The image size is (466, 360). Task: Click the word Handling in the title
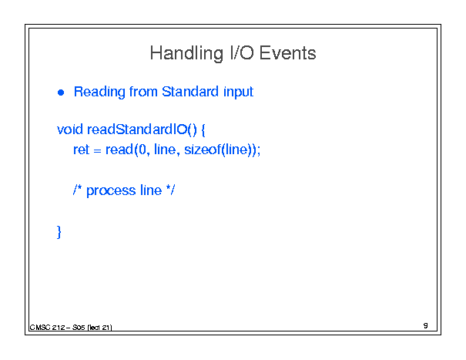point(186,54)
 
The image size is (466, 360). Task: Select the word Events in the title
point(287,53)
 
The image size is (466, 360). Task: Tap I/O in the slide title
point(242,53)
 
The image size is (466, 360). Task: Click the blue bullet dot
point(61,93)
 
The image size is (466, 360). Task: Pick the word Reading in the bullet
point(99,92)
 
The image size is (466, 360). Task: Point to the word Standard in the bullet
point(190,91)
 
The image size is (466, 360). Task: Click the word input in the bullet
point(238,92)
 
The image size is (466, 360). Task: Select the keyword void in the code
point(70,130)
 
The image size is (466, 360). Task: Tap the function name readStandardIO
point(137,130)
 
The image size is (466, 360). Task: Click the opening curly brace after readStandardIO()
point(203,130)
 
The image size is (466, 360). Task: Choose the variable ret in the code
point(81,150)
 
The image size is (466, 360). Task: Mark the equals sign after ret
point(97,151)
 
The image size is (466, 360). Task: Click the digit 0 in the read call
point(142,150)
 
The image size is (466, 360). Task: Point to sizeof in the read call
point(203,150)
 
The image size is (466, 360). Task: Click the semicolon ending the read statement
point(259,150)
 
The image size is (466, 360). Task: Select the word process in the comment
point(111,190)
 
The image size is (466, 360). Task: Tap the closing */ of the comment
point(170,190)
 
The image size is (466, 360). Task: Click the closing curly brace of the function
point(59,232)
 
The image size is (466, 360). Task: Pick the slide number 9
point(426,325)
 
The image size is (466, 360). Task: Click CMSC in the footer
point(40,328)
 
